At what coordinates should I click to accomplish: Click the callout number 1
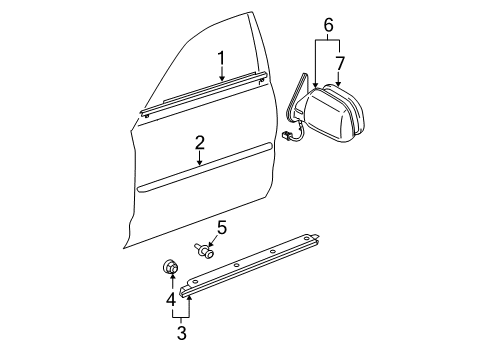tap(222, 58)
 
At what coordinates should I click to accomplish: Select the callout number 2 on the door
tap(200, 143)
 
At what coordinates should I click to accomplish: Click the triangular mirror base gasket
tap(292, 100)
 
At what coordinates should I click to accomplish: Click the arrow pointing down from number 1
tap(222, 75)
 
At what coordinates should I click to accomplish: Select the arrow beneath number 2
tap(200, 158)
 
